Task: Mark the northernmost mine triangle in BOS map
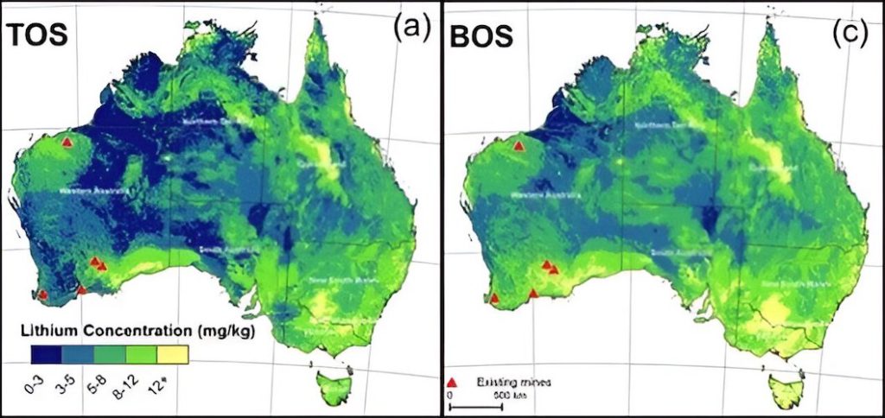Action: [518, 146]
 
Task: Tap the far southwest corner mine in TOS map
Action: [43, 294]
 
